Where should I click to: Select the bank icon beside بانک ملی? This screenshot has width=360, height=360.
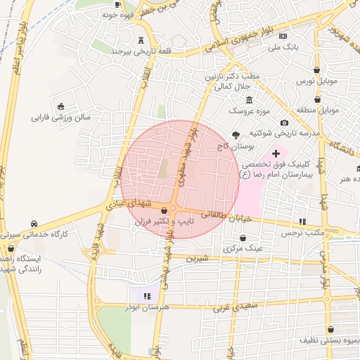point(283,36)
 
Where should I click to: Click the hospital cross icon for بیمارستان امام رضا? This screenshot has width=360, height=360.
point(276,153)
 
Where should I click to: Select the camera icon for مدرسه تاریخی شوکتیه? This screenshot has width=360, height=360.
point(284,123)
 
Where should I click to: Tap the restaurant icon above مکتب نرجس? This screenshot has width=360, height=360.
point(303,221)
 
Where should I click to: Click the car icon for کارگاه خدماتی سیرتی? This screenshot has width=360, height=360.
point(34,224)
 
